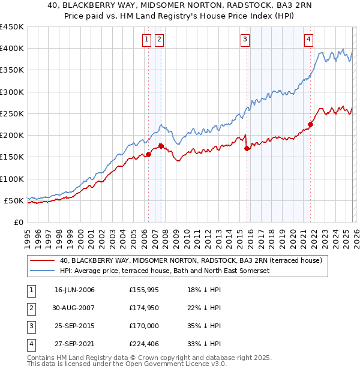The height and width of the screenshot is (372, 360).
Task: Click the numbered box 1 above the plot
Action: (x=147, y=40)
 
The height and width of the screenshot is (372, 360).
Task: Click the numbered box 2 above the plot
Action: (x=159, y=40)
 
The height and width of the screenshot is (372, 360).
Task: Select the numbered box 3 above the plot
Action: (x=245, y=40)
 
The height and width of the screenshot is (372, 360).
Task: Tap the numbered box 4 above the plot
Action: (x=308, y=40)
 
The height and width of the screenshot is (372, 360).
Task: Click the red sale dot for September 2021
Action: (x=311, y=125)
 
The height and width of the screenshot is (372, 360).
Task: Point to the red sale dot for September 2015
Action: (x=247, y=149)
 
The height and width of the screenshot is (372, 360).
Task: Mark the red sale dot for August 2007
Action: (x=161, y=146)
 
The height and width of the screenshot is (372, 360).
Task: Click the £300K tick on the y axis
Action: (x=11, y=92)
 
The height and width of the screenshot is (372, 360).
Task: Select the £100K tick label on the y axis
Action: (x=11, y=179)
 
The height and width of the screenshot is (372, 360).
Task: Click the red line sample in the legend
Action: (x=42, y=260)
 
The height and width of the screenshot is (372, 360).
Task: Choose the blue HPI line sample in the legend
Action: (x=42, y=271)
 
